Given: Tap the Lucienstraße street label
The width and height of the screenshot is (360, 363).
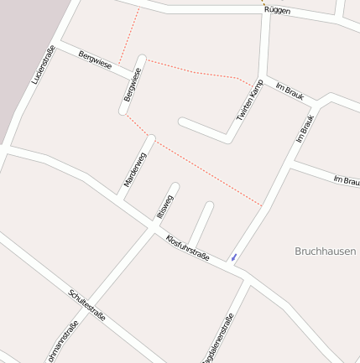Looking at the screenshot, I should [x=43, y=65].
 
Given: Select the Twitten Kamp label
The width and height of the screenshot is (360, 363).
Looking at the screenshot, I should [x=249, y=101].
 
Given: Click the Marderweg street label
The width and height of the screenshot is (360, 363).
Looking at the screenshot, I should [x=134, y=169].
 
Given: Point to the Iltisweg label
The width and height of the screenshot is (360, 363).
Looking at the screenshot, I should [x=164, y=206].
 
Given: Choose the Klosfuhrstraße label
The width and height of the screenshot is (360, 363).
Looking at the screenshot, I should [x=187, y=248].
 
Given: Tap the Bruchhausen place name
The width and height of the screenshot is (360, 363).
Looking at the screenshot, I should [x=326, y=251].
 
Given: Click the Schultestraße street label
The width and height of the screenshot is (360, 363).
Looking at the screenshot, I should [x=86, y=305].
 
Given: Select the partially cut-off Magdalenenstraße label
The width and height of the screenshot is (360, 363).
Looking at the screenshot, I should [x=218, y=339].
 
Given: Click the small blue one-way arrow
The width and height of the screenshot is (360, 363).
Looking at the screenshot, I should [x=234, y=257].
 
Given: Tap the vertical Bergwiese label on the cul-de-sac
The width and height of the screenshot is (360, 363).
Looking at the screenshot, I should [x=133, y=85].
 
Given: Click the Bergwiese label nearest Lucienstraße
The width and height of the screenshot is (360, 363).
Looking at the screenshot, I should [x=94, y=60].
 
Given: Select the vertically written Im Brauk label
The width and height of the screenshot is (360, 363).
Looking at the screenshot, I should [x=305, y=124].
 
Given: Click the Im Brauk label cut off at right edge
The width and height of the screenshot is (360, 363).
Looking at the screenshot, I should [x=347, y=180].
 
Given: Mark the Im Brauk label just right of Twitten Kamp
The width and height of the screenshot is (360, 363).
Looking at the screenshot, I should [x=290, y=91].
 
